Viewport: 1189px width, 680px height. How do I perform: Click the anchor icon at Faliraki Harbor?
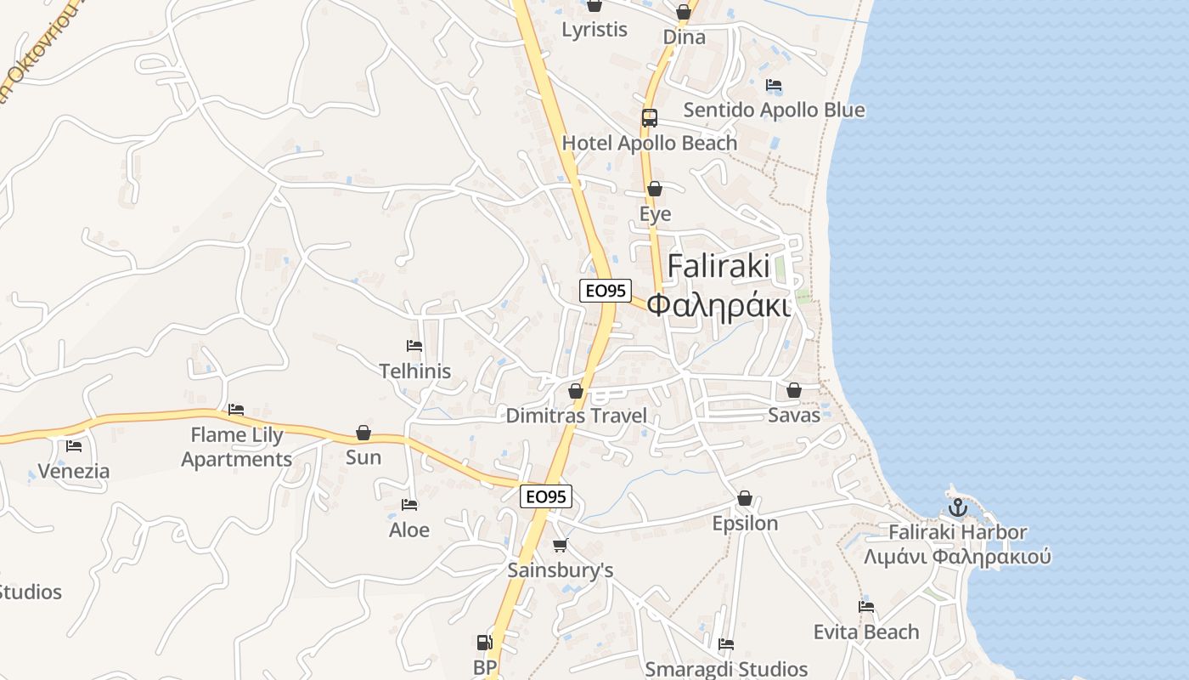pos(958,507)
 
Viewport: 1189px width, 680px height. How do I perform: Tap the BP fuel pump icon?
pos(484,643)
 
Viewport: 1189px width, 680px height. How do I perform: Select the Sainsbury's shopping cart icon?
pos(560,545)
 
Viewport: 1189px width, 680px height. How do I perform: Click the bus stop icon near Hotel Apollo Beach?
pos(650,118)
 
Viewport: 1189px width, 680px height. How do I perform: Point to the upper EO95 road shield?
pos(606,290)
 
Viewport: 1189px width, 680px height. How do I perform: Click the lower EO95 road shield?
pos(546,496)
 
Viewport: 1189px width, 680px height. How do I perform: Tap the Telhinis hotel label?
pos(414,371)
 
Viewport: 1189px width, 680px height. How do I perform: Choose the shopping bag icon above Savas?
pos(794,390)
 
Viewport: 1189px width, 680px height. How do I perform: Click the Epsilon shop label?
pos(745,524)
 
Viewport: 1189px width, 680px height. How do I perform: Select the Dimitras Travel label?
pos(576,416)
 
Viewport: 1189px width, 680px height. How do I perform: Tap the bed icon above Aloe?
pos(409,505)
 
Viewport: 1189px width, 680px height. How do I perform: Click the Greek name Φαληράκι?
pos(718,303)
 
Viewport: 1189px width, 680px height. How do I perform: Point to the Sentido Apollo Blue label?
pos(774,110)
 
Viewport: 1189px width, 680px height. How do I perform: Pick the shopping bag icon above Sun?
pos(363,433)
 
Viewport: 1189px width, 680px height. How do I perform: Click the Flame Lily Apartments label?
pos(237,447)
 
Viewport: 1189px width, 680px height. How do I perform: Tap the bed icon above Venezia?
pos(74,446)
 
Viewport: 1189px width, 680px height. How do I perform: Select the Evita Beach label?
pos(865,632)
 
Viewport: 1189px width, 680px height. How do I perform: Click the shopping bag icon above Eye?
pos(655,189)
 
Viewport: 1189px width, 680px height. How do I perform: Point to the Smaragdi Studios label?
pos(726,669)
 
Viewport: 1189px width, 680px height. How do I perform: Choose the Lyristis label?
pos(594,30)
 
